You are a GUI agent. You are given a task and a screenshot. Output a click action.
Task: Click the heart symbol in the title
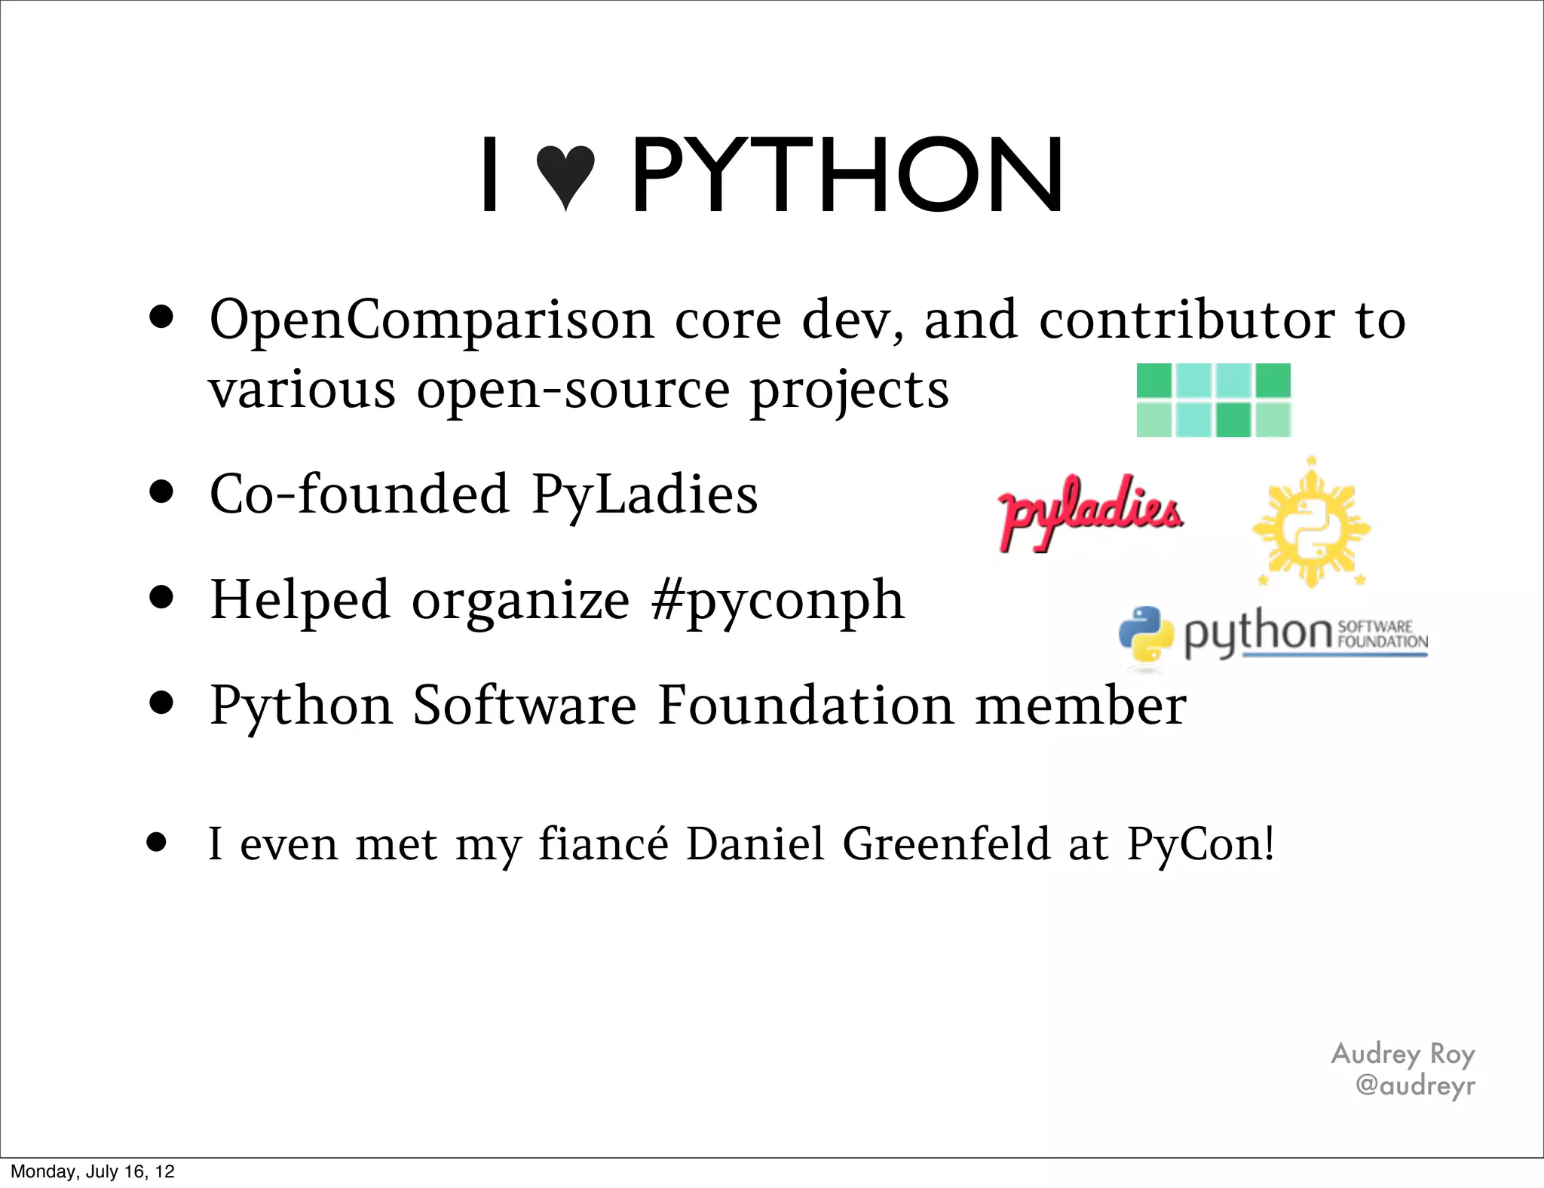click(x=565, y=176)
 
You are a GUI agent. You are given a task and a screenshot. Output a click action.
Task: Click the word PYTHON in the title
click(x=847, y=176)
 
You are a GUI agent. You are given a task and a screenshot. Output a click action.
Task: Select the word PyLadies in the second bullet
click(x=645, y=495)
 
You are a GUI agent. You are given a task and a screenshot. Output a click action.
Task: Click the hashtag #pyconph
click(x=778, y=602)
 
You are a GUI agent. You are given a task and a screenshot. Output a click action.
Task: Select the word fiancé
click(x=603, y=844)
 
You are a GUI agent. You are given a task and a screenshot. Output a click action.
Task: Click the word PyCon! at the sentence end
click(x=1200, y=844)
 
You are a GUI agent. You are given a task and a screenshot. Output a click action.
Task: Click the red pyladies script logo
click(x=1089, y=511)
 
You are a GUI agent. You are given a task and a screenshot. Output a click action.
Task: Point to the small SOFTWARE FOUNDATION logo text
click(x=1381, y=635)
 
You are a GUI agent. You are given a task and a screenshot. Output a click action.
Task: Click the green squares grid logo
click(x=1214, y=400)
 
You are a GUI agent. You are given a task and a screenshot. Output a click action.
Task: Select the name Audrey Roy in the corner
click(x=1402, y=1054)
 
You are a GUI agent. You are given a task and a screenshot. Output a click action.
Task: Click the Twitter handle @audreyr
click(x=1414, y=1085)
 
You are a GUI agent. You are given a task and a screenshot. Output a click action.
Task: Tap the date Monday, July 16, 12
click(x=93, y=1171)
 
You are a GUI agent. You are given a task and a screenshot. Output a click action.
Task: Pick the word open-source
click(x=573, y=390)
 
